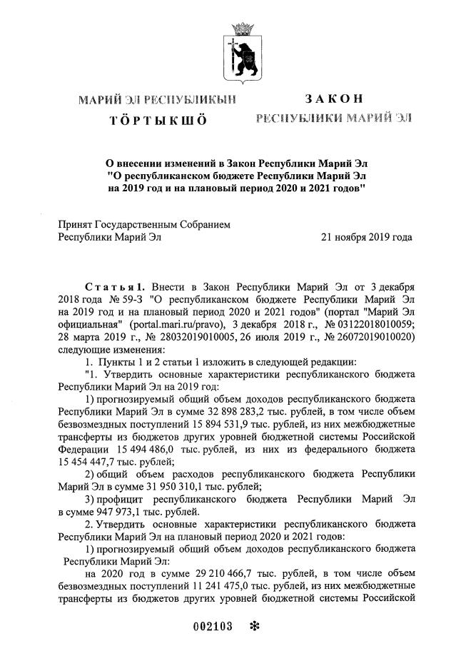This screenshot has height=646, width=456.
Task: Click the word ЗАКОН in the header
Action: coord(334,99)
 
